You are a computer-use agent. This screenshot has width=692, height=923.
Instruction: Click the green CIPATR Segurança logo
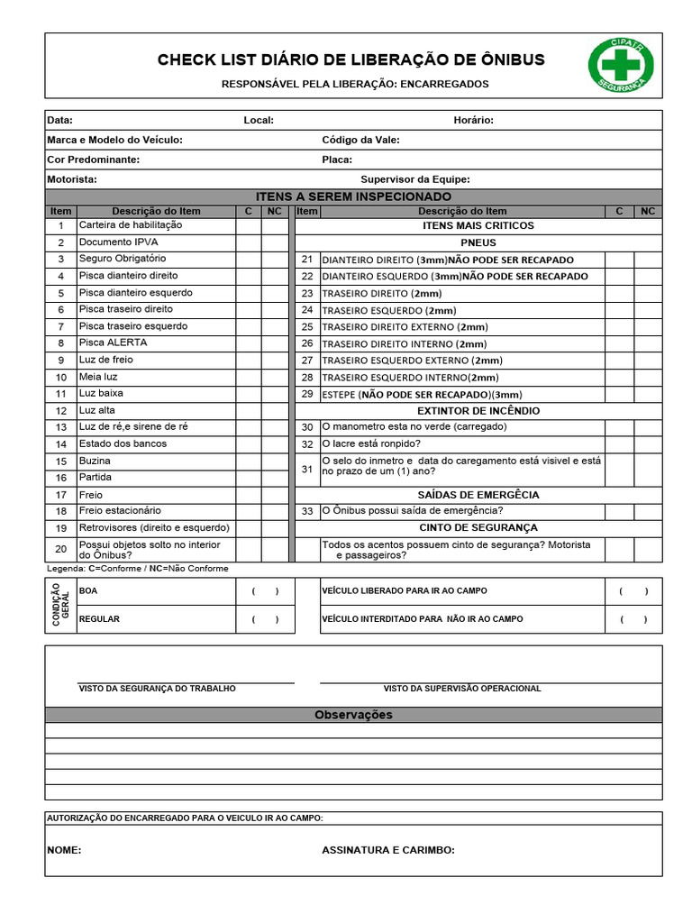[x=621, y=65]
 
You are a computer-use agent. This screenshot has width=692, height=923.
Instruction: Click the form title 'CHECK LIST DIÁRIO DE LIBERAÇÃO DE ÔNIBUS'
[x=351, y=60]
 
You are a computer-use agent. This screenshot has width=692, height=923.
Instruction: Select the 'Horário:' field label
[x=473, y=120]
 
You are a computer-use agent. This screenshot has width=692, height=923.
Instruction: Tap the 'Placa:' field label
[x=337, y=160]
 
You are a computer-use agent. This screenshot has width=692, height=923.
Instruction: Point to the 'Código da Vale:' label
[x=360, y=140]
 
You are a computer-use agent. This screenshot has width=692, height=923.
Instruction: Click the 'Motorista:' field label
[x=72, y=179]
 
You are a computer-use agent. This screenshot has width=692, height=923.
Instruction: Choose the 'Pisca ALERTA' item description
[x=113, y=343]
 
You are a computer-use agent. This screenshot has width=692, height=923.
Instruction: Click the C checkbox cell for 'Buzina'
[x=249, y=461]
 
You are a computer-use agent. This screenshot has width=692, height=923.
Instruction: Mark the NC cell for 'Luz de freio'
[x=275, y=361]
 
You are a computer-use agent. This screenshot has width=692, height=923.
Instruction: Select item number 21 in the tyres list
[x=307, y=260]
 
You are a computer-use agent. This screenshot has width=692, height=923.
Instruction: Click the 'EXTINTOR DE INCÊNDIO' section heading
[x=478, y=410]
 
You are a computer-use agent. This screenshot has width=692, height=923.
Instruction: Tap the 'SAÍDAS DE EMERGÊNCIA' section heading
[x=478, y=495]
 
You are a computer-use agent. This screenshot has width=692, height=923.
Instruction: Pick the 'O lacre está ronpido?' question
[x=370, y=444]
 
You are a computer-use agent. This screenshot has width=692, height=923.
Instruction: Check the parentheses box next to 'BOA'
[x=265, y=591]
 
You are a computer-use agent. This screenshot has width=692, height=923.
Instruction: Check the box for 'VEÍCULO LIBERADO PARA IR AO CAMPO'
[x=633, y=591]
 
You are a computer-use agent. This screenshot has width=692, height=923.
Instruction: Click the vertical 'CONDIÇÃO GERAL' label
[x=60, y=605]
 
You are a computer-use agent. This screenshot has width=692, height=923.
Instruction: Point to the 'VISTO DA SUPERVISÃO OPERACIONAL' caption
[x=462, y=689]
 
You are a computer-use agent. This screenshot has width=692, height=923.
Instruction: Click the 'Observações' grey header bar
[x=353, y=715]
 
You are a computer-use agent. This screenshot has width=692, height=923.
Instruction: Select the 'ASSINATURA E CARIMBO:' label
[x=388, y=850]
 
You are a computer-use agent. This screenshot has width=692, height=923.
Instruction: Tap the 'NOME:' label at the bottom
[x=64, y=850]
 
